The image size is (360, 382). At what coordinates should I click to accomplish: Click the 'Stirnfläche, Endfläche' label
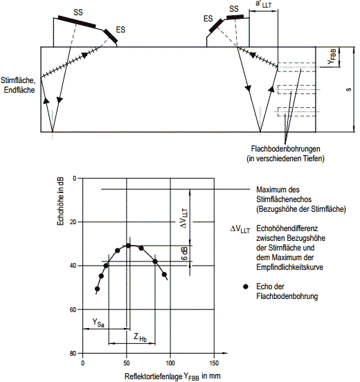(18, 85)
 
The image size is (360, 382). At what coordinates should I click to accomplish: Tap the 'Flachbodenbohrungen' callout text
(285, 149)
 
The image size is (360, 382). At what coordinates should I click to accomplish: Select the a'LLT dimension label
(264, 4)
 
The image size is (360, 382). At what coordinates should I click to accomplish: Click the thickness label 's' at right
(348, 89)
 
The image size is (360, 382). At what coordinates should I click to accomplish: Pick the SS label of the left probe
(78, 12)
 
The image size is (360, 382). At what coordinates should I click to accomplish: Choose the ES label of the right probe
(208, 19)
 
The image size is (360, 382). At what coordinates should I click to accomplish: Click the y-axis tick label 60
(73, 309)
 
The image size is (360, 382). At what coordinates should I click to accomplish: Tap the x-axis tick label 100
(170, 363)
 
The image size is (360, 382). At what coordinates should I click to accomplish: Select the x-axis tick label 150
(214, 363)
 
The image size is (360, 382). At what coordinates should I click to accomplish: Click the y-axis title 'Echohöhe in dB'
(60, 201)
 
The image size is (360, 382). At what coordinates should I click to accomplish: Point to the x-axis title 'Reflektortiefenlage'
(153, 376)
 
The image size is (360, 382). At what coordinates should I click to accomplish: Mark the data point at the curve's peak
(129, 246)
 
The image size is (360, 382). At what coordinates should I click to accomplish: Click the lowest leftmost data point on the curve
(97, 289)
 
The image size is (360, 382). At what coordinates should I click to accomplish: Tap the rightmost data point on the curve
(164, 275)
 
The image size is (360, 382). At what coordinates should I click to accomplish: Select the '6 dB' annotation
(185, 253)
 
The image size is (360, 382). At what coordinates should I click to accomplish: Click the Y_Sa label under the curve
(98, 322)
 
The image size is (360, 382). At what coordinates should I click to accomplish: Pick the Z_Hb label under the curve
(140, 338)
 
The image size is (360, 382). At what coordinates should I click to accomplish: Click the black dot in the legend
(246, 286)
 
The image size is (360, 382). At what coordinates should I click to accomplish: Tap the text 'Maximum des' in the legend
(278, 190)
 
